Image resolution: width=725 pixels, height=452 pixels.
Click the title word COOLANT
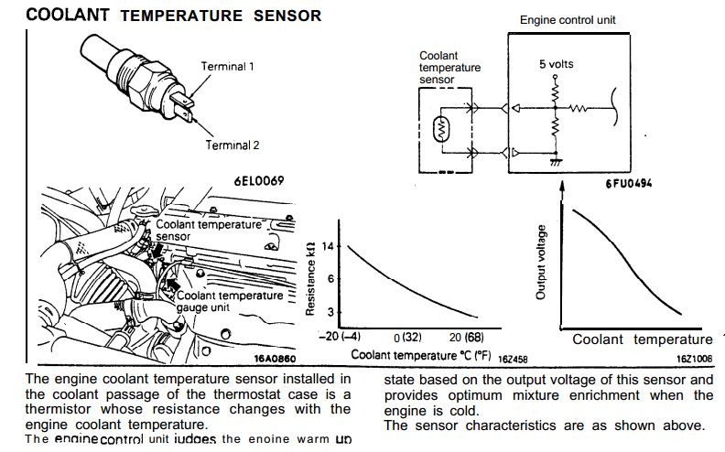point(68,15)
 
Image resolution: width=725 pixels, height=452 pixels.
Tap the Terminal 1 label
point(227,66)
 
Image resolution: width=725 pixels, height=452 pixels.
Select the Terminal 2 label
point(233,145)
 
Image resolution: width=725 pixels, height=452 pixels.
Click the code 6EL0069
point(258,179)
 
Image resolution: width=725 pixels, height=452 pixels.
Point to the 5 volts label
point(557,65)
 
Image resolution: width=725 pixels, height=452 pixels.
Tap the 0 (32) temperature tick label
point(406,338)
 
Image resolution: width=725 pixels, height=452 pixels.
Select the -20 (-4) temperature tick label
point(334,338)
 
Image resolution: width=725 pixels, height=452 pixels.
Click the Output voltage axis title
point(541,262)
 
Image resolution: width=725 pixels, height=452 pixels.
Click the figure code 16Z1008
point(695,360)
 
